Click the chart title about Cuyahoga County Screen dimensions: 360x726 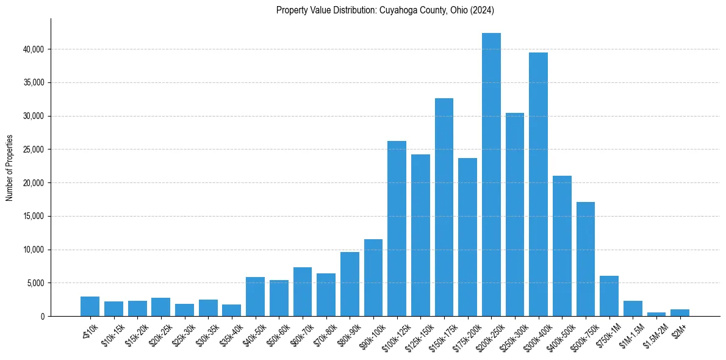coord(384,10)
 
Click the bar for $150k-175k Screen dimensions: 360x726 coord(444,207)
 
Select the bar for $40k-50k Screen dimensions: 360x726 coord(255,297)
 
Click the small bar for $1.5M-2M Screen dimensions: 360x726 coord(656,314)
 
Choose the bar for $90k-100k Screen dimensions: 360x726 coord(373,278)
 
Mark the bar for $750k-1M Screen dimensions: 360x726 coord(609,296)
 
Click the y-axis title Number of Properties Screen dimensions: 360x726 coord(10,168)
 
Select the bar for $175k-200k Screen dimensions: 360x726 coord(467,237)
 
